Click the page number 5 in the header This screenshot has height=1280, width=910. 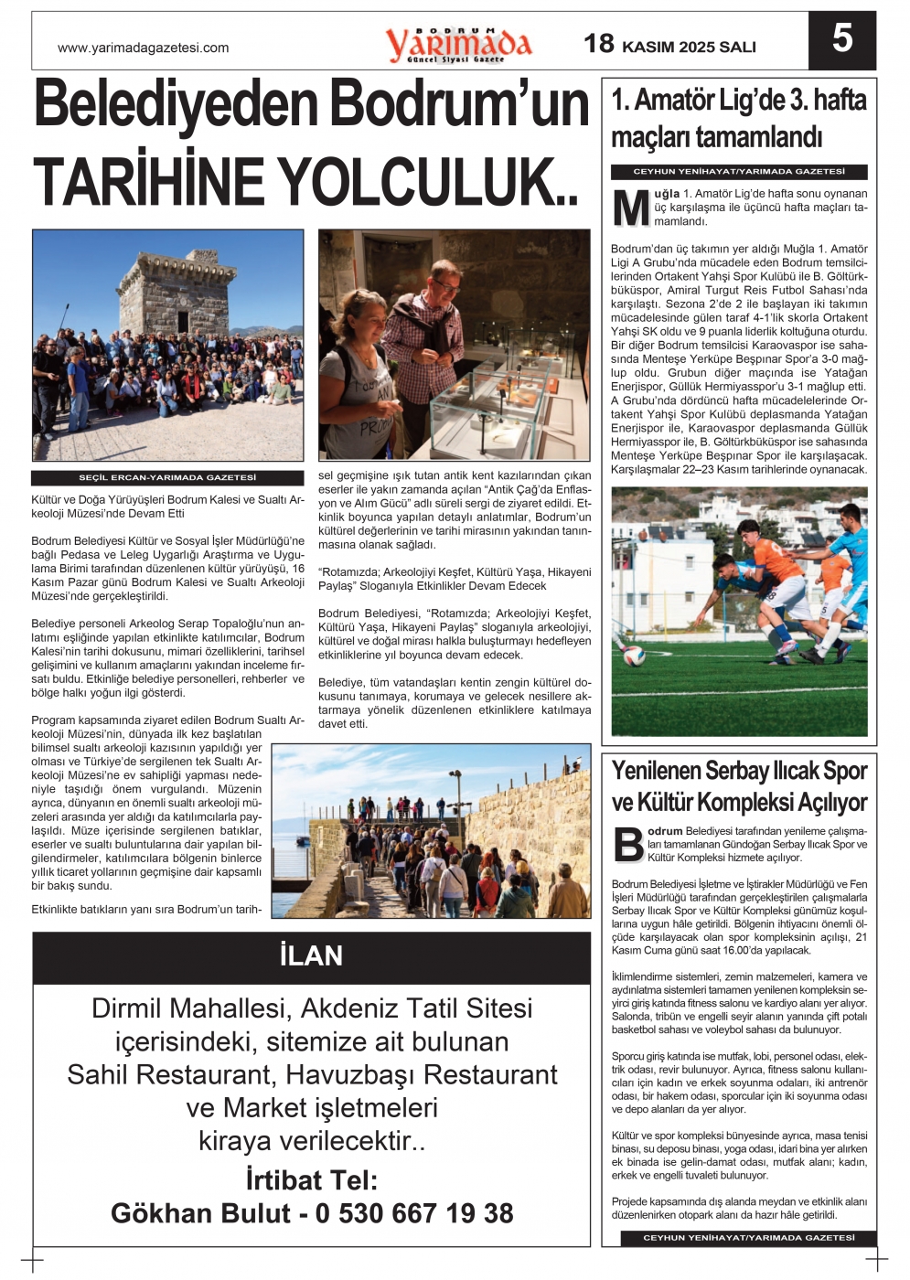(x=841, y=39)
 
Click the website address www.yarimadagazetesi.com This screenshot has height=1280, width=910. (x=143, y=48)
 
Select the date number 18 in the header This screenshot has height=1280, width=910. (x=599, y=44)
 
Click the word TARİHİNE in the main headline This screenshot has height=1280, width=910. (x=148, y=182)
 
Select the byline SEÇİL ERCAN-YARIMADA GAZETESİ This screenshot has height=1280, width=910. (x=167, y=478)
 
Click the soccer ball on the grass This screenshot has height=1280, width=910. (x=634, y=656)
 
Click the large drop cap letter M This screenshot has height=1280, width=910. (x=630, y=208)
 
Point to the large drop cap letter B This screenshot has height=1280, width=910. (x=628, y=844)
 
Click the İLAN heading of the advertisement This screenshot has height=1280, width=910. (x=311, y=956)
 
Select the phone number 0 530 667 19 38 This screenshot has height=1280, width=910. (x=414, y=1213)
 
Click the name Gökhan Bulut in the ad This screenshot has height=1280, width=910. (x=200, y=1213)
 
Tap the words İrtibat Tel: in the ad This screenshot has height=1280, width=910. (x=311, y=1179)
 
